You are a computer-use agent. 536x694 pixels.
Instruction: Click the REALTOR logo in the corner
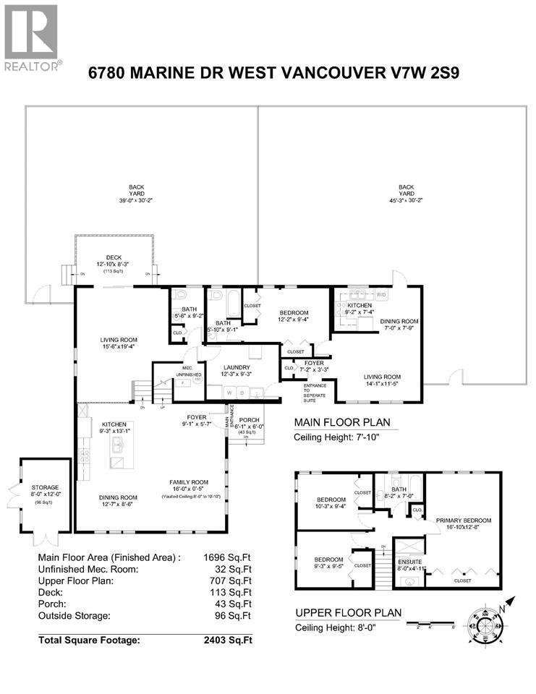click(x=31, y=37)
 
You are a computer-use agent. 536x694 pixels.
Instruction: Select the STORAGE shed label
click(x=45, y=487)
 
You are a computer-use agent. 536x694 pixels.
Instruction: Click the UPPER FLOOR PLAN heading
click(x=343, y=613)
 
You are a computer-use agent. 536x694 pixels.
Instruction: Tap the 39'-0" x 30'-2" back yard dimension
click(x=132, y=200)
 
